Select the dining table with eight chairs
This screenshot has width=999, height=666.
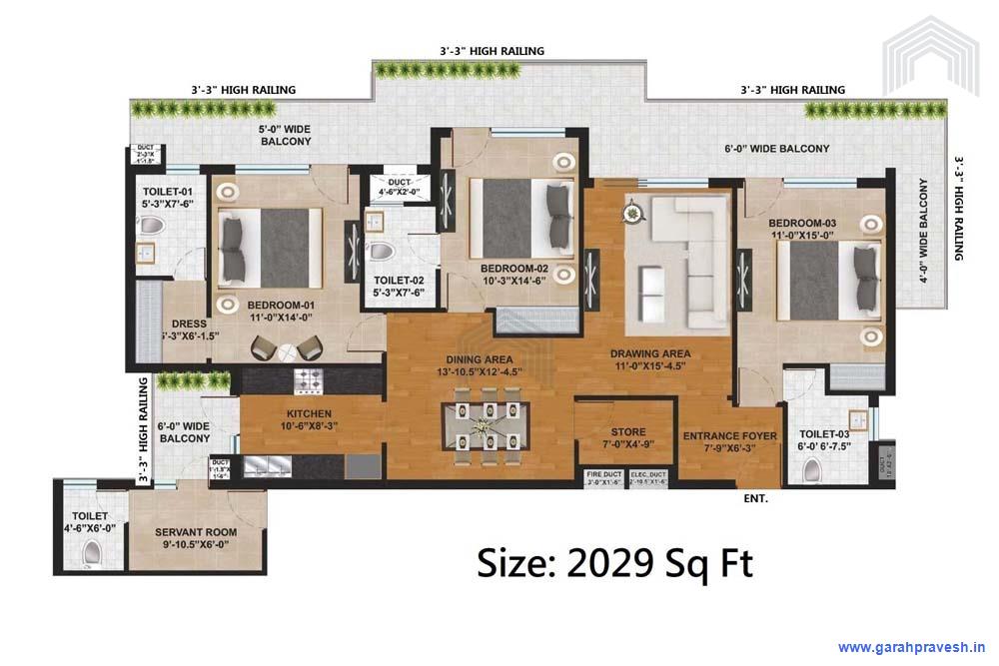tap(487, 426)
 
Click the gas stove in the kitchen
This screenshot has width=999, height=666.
tap(308, 380)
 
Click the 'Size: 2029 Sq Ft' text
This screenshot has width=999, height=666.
tap(614, 563)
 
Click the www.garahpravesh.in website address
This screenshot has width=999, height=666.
tap(911, 646)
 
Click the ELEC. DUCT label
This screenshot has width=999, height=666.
tap(650, 476)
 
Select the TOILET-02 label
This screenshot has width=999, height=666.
tap(399, 287)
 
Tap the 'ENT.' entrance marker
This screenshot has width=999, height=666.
tap(755, 497)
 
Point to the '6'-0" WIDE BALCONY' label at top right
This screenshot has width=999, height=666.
tap(776, 149)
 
